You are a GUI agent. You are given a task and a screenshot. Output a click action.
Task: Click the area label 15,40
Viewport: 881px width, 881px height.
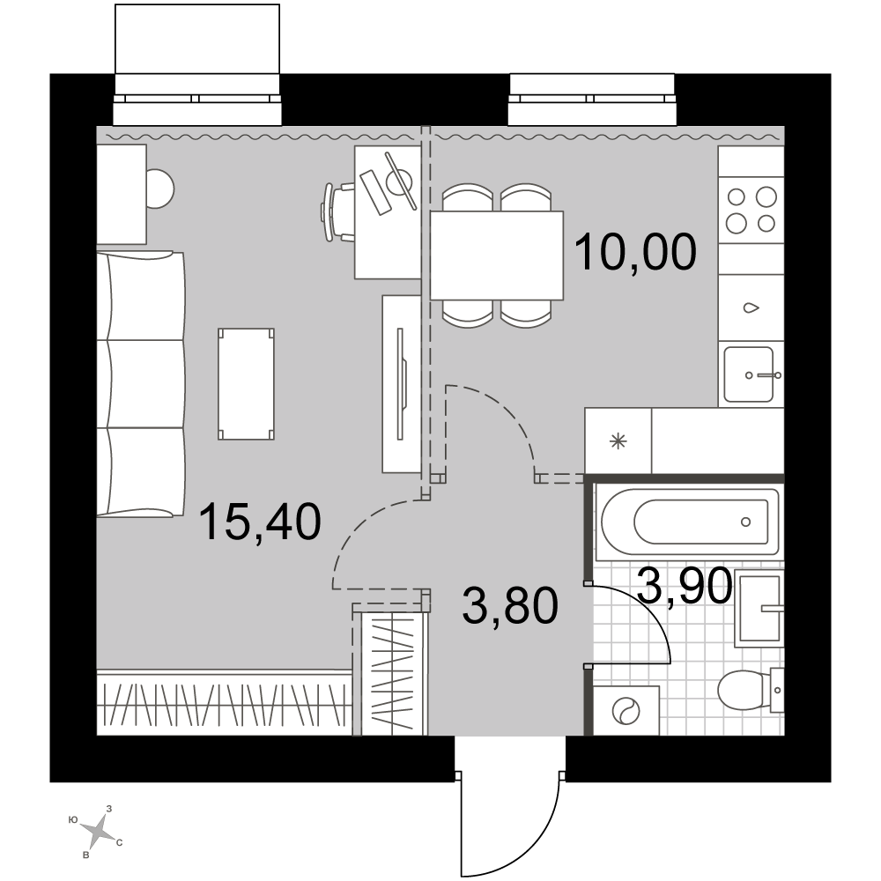click(x=260, y=522)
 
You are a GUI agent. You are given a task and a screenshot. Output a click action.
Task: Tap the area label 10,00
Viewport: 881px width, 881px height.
click(x=635, y=252)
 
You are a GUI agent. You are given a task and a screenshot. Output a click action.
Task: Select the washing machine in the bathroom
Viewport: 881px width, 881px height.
click(x=626, y=710)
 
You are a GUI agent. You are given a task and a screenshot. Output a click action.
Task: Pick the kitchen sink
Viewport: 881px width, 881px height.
click(x=750, y=374)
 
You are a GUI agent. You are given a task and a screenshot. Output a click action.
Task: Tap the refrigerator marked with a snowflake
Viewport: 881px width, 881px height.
click(x=618, y=441)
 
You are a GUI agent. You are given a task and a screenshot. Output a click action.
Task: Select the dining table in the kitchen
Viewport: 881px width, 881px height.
click(x=497, y=255)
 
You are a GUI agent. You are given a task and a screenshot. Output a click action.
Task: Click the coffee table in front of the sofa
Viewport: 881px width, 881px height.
click(x=246, y=384)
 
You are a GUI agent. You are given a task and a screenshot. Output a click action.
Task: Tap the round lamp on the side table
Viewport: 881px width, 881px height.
click(x=159, y=189)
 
